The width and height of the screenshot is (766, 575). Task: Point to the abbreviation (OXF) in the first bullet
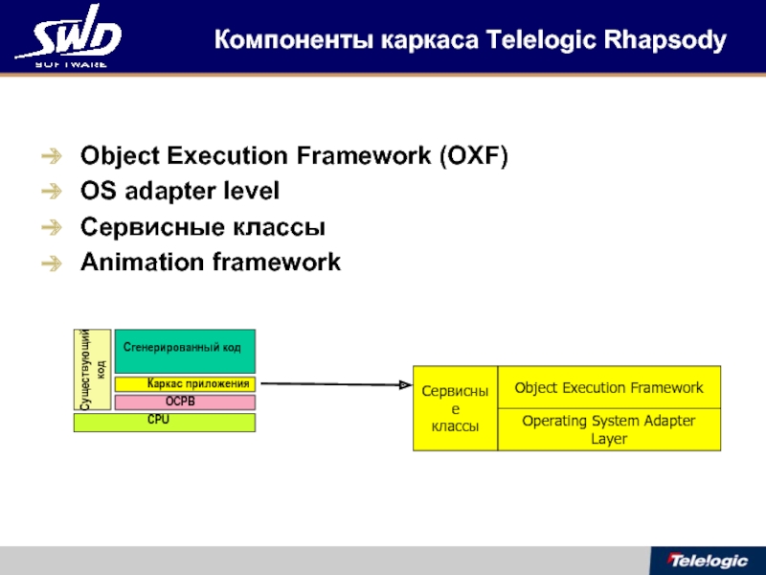pyautogui.click(x=473, y=156)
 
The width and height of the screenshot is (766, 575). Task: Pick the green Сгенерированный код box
pyautogui.click(x=185, y=351)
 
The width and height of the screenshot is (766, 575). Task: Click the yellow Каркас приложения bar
pyautogui.click(x=198, y=384)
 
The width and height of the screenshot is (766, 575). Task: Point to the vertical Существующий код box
pyautogui.click(x=93, y=369)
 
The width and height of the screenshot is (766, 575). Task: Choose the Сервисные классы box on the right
pyautogui.click(x=455, y=408)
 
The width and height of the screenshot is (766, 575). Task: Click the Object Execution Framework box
pyautogui.click(x=609, y=388)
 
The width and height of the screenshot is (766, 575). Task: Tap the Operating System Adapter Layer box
pyautogui.click(x=609, y=430)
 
